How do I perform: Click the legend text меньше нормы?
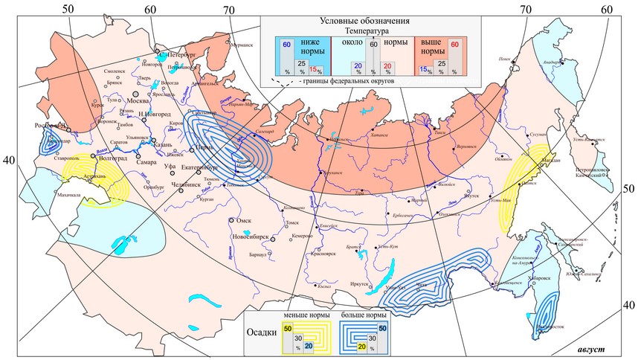306,315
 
